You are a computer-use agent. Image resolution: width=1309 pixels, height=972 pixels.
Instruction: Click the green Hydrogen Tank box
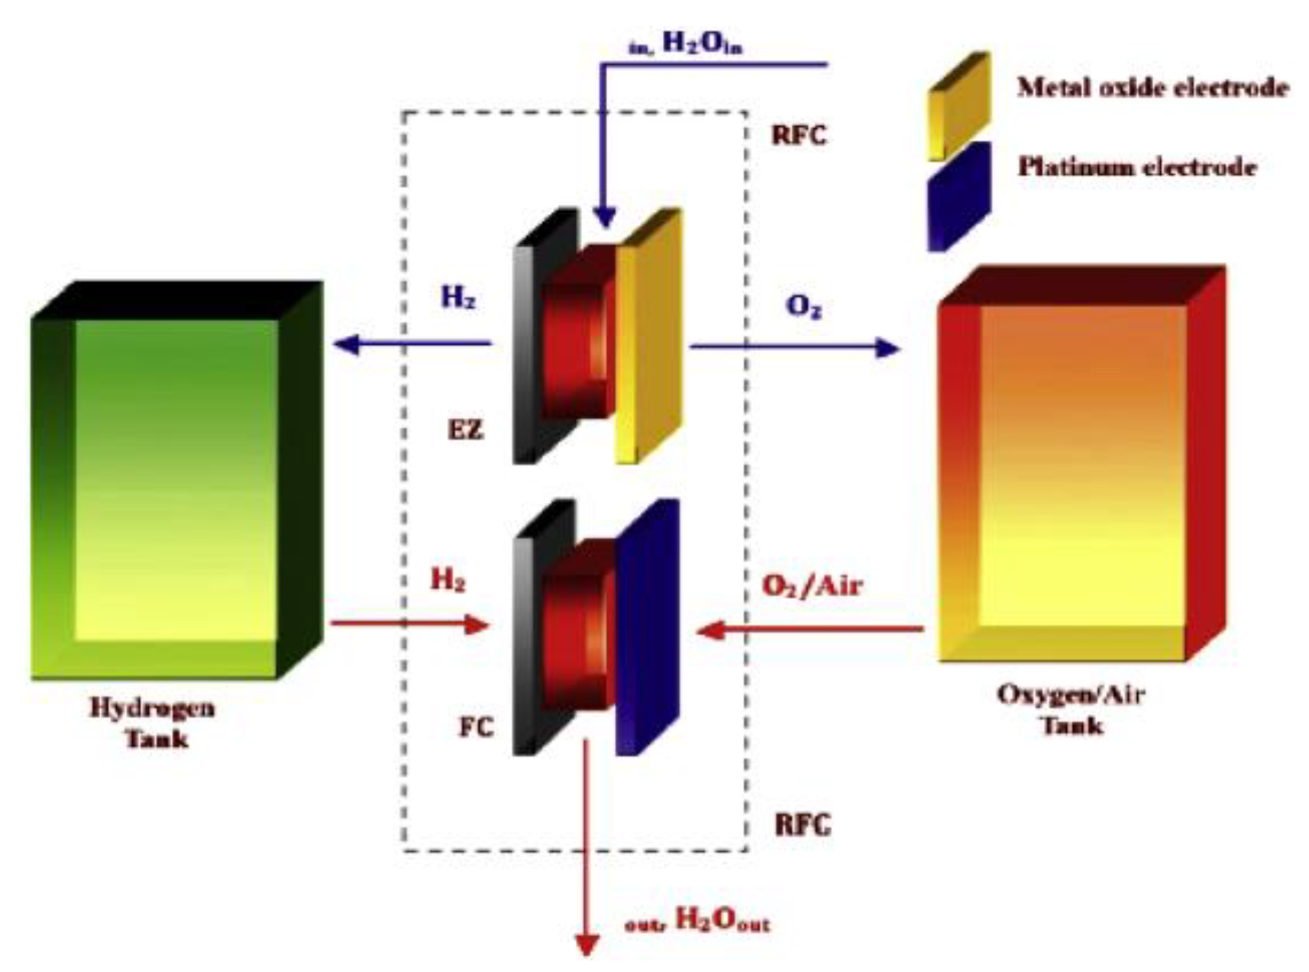[x=176, y=481]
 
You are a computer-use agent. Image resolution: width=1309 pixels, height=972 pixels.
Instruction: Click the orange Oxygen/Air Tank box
[x=1081, y=466]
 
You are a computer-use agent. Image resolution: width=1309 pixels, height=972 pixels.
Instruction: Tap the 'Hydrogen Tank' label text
[x=153, y=722]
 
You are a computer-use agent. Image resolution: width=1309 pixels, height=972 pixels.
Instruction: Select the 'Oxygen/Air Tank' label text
[x=1071, y=709]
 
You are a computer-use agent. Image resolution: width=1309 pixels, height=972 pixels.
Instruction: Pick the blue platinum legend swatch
[x=959, y=196]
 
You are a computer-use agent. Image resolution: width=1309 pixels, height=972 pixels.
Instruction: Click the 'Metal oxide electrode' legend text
[x=1152, y=88]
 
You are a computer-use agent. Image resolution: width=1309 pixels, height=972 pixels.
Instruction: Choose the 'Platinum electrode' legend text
[x=1136, y=167]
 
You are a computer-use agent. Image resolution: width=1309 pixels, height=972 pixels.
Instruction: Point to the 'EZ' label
[x=465, y=429]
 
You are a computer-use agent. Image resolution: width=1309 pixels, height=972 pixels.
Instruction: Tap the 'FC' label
[x=476, y=727]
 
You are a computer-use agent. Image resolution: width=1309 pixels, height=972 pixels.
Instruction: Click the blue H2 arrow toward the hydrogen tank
[x=412, y=345]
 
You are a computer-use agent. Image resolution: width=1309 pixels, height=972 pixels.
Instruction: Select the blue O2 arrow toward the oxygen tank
[x=794, y=348]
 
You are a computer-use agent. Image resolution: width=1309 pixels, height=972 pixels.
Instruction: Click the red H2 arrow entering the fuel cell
[x=409, y=625]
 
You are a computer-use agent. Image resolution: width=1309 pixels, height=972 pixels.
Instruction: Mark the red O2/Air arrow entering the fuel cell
[x=810, y=630]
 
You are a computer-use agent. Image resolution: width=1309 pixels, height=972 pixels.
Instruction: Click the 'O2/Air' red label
[x=812, y=586]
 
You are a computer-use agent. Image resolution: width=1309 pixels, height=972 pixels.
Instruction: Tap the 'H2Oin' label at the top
[x=701, y=44]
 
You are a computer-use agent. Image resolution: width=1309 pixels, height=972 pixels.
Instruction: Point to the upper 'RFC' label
[x=799, y=135]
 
